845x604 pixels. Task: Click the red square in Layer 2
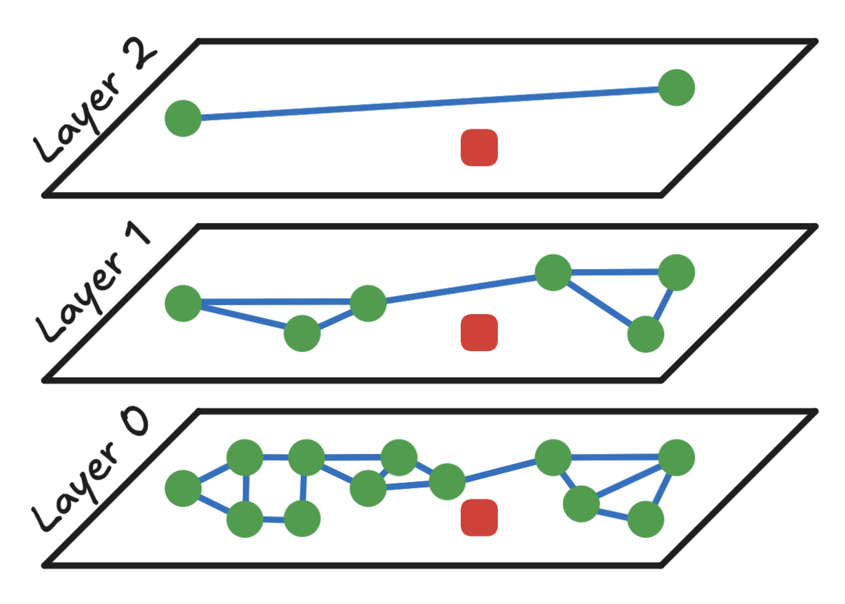pos(479,147)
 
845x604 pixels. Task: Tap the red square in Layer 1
pos(479,332)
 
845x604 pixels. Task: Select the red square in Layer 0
pos(479,517)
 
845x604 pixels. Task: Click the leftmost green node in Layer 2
pos(183,118)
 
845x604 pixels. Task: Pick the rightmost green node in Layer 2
pos(676,87)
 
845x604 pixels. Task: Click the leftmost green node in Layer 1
pos(183,303)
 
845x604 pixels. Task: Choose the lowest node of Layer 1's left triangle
pos(302,333)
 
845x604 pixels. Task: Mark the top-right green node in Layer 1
pos(676,272)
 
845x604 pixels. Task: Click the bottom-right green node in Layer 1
pos(645,334)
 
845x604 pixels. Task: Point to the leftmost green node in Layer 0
pos(183,488)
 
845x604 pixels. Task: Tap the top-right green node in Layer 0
pos(676,457)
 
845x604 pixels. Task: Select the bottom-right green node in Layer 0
pos(645,519)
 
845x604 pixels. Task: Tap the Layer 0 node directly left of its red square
pos(448,481)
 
